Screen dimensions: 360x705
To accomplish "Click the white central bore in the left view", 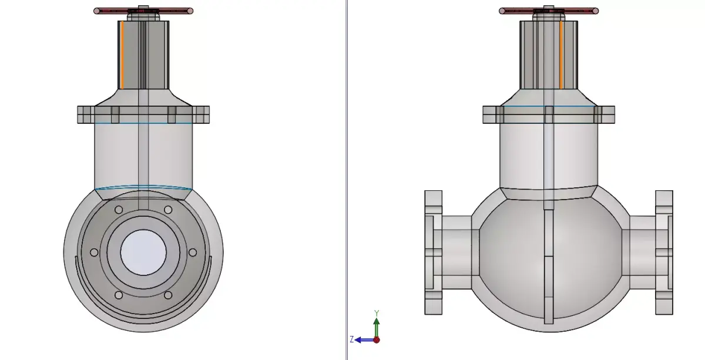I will pyautogui.click(x=143, y=251).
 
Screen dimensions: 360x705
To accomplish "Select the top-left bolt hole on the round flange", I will pyautogui.click(x=119, y=210).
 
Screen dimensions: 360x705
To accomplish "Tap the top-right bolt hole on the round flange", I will pyautogui.click(x=168, y=210).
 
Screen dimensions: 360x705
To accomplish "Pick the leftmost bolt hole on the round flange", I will pyautogui.click(x=94, y=253).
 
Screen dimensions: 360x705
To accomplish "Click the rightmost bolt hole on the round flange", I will pyautogui.click(x=193, y=253).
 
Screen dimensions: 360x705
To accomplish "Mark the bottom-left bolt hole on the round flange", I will pyautogui.click(x=119, y=295).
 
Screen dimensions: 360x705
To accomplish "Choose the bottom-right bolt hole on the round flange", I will pyautogui.click(x=168, y=295).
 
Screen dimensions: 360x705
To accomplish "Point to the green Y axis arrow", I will pyautogui.click(x=377, y=326).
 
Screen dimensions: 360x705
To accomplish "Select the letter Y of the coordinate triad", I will pyautogui.click(x=377, y=313).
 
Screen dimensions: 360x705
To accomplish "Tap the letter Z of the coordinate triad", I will pyautogui.click(x=351, y=339).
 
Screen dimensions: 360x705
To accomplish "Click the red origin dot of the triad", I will pyautogui.click(x=377, y=339).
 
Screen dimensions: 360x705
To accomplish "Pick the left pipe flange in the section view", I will pyautogui.click(x=433, y=253).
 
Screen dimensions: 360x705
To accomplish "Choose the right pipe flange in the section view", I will pyautogui.click(x=664, y=253).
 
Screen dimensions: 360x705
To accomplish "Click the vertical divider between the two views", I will pyautogui.click(x=347, y=176).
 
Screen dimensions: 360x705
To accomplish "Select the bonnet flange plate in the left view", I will pyautogui.click(x=143, y=115).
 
